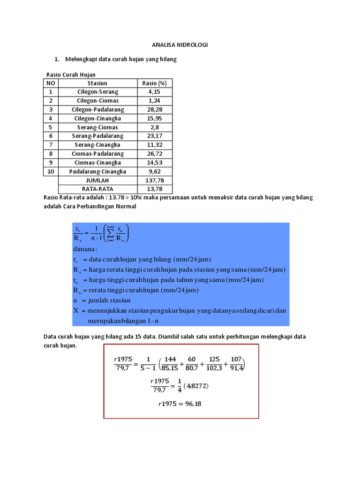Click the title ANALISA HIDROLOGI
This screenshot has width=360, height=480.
point(180,45)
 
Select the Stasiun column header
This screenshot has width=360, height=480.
point(97,83)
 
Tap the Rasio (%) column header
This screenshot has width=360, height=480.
point(154,83)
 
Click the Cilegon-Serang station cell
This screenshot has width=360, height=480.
point(97,92)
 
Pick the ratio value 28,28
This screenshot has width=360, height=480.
point(154,110)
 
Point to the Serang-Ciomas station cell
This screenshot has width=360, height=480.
point(97,127)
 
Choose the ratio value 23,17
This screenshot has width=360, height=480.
point(154,136)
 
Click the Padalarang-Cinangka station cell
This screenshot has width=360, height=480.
point(97,172)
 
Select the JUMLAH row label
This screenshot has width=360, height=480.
point(97,180)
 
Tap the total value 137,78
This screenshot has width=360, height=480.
point(154,180)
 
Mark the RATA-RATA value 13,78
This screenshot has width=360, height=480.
point(154,189)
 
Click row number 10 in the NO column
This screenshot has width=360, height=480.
point(51,172)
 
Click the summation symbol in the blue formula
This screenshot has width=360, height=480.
point(110,233)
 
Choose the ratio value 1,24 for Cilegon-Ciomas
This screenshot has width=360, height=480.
point(154,101)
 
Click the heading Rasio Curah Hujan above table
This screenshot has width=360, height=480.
point(71,75)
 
